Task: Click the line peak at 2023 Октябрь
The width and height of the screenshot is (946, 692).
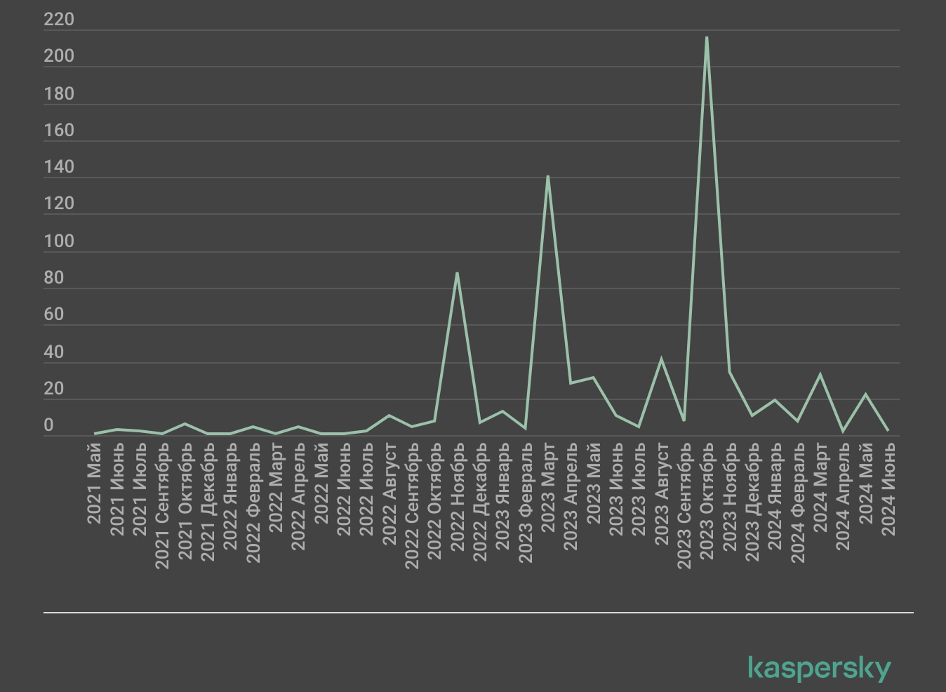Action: (x=707, y=37)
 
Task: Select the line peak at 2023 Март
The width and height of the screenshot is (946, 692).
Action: (x=547, y=176)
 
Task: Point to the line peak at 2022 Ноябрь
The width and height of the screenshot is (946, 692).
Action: (x=457, y=273)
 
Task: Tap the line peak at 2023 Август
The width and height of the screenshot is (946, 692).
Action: (x=661, y=359)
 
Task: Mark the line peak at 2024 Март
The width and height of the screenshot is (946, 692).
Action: (x=820, y=375)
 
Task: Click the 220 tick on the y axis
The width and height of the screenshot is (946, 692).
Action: (x=59, y=20)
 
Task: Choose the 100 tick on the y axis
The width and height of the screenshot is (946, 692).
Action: (x=59, y=241)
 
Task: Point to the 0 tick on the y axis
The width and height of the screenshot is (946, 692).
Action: (x=48, y=425)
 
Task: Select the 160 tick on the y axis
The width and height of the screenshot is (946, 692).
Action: (x=59, y=131)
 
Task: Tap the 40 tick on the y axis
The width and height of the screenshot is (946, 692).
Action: (x=54, y=352)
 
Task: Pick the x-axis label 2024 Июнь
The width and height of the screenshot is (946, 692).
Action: (x=888, y=488)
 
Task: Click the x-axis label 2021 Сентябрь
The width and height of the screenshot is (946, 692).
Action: (x=162, y=505)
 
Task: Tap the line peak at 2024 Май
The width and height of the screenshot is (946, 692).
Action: (x=866, y=394)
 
